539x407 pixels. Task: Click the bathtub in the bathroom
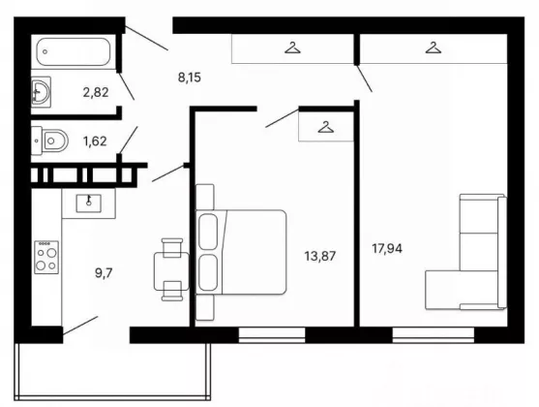coord(74,51)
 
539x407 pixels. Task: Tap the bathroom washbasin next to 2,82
coord(41,91)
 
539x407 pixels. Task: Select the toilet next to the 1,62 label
coord(50,141)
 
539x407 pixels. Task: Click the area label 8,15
coord(190,78)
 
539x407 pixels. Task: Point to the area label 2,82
coord(96,92)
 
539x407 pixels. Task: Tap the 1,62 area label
coord(95,141)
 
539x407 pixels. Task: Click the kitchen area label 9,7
coord(104,273)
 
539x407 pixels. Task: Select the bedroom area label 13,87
coord(320,256)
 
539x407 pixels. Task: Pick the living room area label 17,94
coord(387,248)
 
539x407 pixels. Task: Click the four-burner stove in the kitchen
coord(46,257)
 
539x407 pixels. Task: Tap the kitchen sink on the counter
coord(89,203)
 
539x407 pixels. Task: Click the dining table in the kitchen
coord(171,271)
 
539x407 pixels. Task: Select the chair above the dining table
coord(172,247)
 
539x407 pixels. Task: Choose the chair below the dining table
coord(172,291)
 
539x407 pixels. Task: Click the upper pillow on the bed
coord(208,232)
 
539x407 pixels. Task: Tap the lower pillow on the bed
coord(208,272)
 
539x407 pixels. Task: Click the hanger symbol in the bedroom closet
coord(326,127)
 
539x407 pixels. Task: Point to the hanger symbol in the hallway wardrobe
coord(292,47)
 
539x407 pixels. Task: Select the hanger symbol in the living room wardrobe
coord(434,47)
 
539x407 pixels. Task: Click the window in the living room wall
coord(434,335)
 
